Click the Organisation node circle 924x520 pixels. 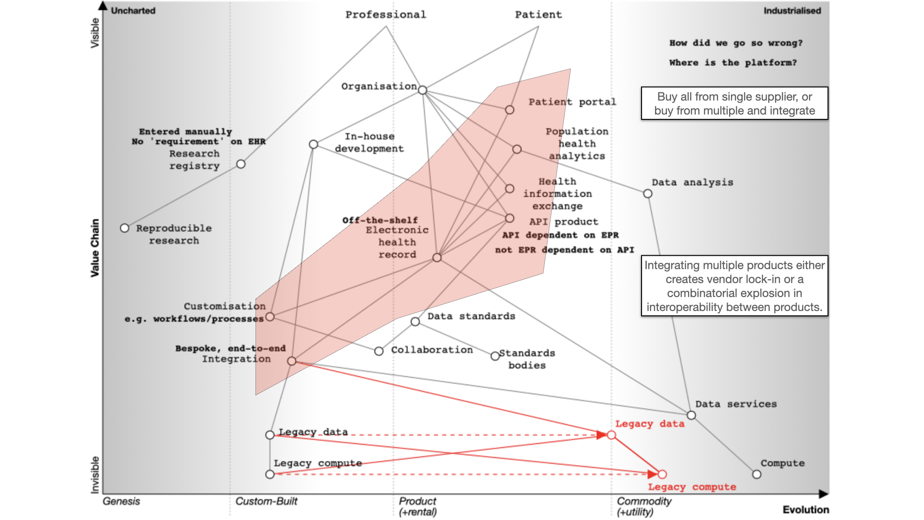point(423,90)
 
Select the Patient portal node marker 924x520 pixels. point(510,110)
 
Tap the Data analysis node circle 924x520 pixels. point(648,194)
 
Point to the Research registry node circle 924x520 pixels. point(241,164)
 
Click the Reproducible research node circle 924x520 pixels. point(125,228)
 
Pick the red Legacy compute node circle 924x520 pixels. point(662,474)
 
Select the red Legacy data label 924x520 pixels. point(650,424)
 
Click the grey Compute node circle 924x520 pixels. point(757,474)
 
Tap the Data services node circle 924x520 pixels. point(691,415)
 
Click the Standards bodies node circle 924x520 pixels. point(495,356)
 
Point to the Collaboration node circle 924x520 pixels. point(379,351)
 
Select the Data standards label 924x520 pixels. point(471,316)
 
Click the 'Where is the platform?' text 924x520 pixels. point(732,63)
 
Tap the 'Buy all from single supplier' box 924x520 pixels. point(734,104)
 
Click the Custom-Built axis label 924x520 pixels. point(266,501)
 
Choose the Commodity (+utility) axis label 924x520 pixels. point(643,506)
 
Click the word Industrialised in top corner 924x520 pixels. point(792,11)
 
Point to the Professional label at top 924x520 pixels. point(385,15)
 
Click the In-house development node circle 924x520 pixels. point(313,144)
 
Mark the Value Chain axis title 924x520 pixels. point(95,248)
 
